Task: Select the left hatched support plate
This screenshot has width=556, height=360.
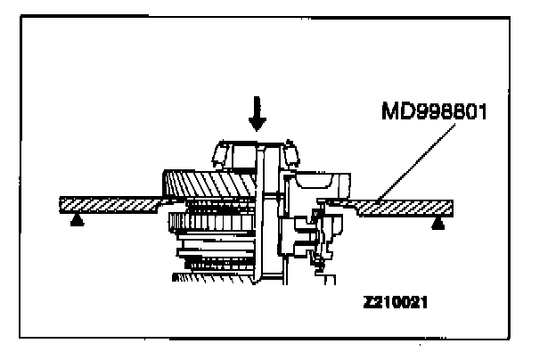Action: point(107,204)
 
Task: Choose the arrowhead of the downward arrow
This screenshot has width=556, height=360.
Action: point(258,127)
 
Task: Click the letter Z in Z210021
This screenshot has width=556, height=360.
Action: point(368,303)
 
